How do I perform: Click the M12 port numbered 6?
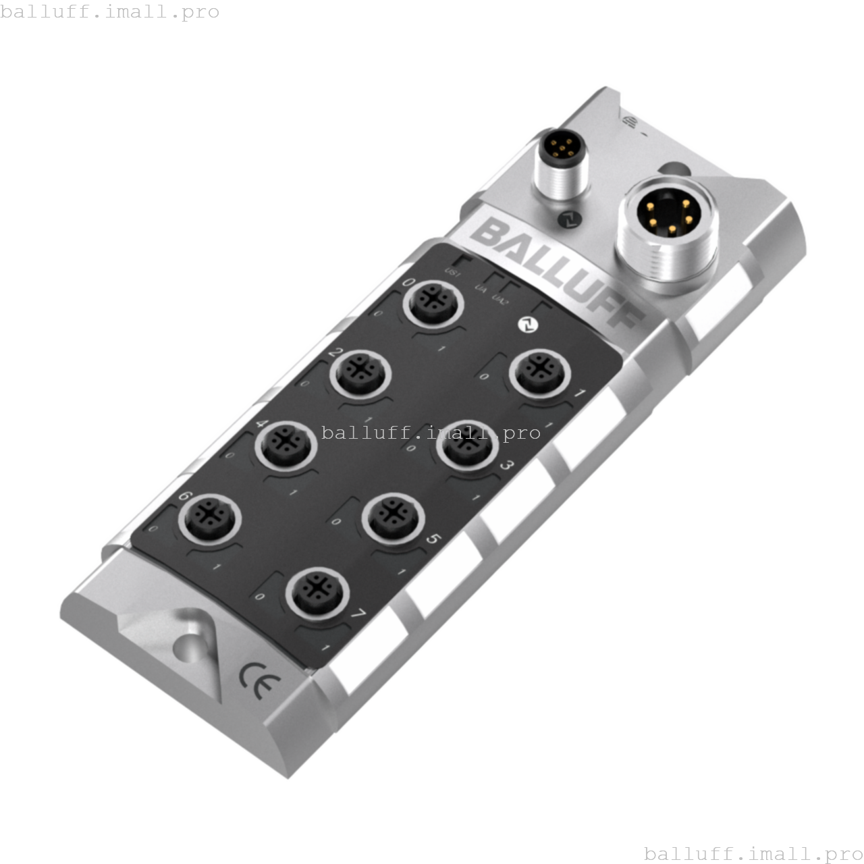click(209, 518)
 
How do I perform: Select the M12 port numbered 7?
click(317, 592)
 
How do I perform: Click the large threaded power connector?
click(667, 233)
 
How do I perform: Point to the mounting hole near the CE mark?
click(190, 647)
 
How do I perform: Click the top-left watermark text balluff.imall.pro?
click(110, 12)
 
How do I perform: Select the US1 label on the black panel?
click(452, 273)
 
